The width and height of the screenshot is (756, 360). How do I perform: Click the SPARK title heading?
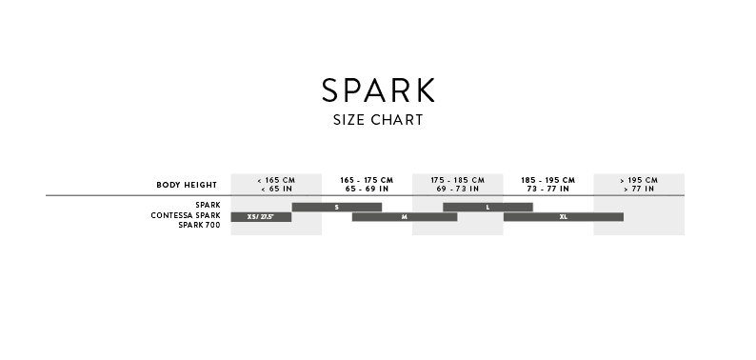click(x=378, y=90)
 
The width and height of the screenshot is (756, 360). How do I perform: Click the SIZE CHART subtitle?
click(x=378, y=121)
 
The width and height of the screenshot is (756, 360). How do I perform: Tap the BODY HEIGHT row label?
click(x=187, y=184)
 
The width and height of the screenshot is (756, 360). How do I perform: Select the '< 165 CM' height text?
click(x=276, y=180)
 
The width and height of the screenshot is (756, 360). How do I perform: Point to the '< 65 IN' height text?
click(x=276, y=189)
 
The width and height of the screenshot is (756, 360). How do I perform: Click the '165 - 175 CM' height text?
click(x=367, y=180)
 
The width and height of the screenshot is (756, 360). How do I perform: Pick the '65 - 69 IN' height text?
click(x=367, y=189)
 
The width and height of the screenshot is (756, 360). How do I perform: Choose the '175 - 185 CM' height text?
click(x=457, y=180)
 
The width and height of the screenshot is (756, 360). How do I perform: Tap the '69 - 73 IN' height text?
click(x=457, y=189)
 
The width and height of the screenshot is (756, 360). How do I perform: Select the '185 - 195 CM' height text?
click(x=547, y=180)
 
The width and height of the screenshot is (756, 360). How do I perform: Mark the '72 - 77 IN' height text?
click(x=547, y=189)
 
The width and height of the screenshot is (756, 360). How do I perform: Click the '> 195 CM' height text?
click(x=638, y=180)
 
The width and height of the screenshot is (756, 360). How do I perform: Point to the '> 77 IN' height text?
click(x=638, y=189)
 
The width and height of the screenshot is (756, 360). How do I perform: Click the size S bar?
click(x=336, y=207)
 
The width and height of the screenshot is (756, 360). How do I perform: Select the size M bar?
click(x=404, y=217)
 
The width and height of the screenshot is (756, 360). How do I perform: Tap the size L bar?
click(x=487, y=207)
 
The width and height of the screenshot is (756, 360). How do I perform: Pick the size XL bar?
click(x=563, y=217)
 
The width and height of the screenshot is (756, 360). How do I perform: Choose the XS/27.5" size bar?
click(x=260, y=217)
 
